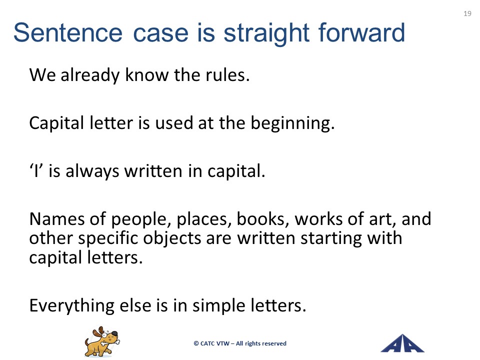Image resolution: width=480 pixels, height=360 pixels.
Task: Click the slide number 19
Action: point(467,13)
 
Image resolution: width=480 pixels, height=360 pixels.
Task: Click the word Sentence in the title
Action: point(68,32)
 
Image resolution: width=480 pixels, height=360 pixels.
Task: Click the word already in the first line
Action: point(90,75)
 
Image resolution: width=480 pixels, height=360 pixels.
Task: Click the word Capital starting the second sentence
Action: point(56,123)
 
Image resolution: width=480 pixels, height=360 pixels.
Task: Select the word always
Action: point(92,171)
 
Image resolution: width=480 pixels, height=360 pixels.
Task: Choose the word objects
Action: point(172,239)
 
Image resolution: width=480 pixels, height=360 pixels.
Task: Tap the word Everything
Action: point(72,306)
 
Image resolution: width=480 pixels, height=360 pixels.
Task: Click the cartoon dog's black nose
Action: point(114,333)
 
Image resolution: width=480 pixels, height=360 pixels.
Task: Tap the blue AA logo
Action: point(402,343)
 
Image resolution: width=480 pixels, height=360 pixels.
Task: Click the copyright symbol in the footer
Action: point(196,343)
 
